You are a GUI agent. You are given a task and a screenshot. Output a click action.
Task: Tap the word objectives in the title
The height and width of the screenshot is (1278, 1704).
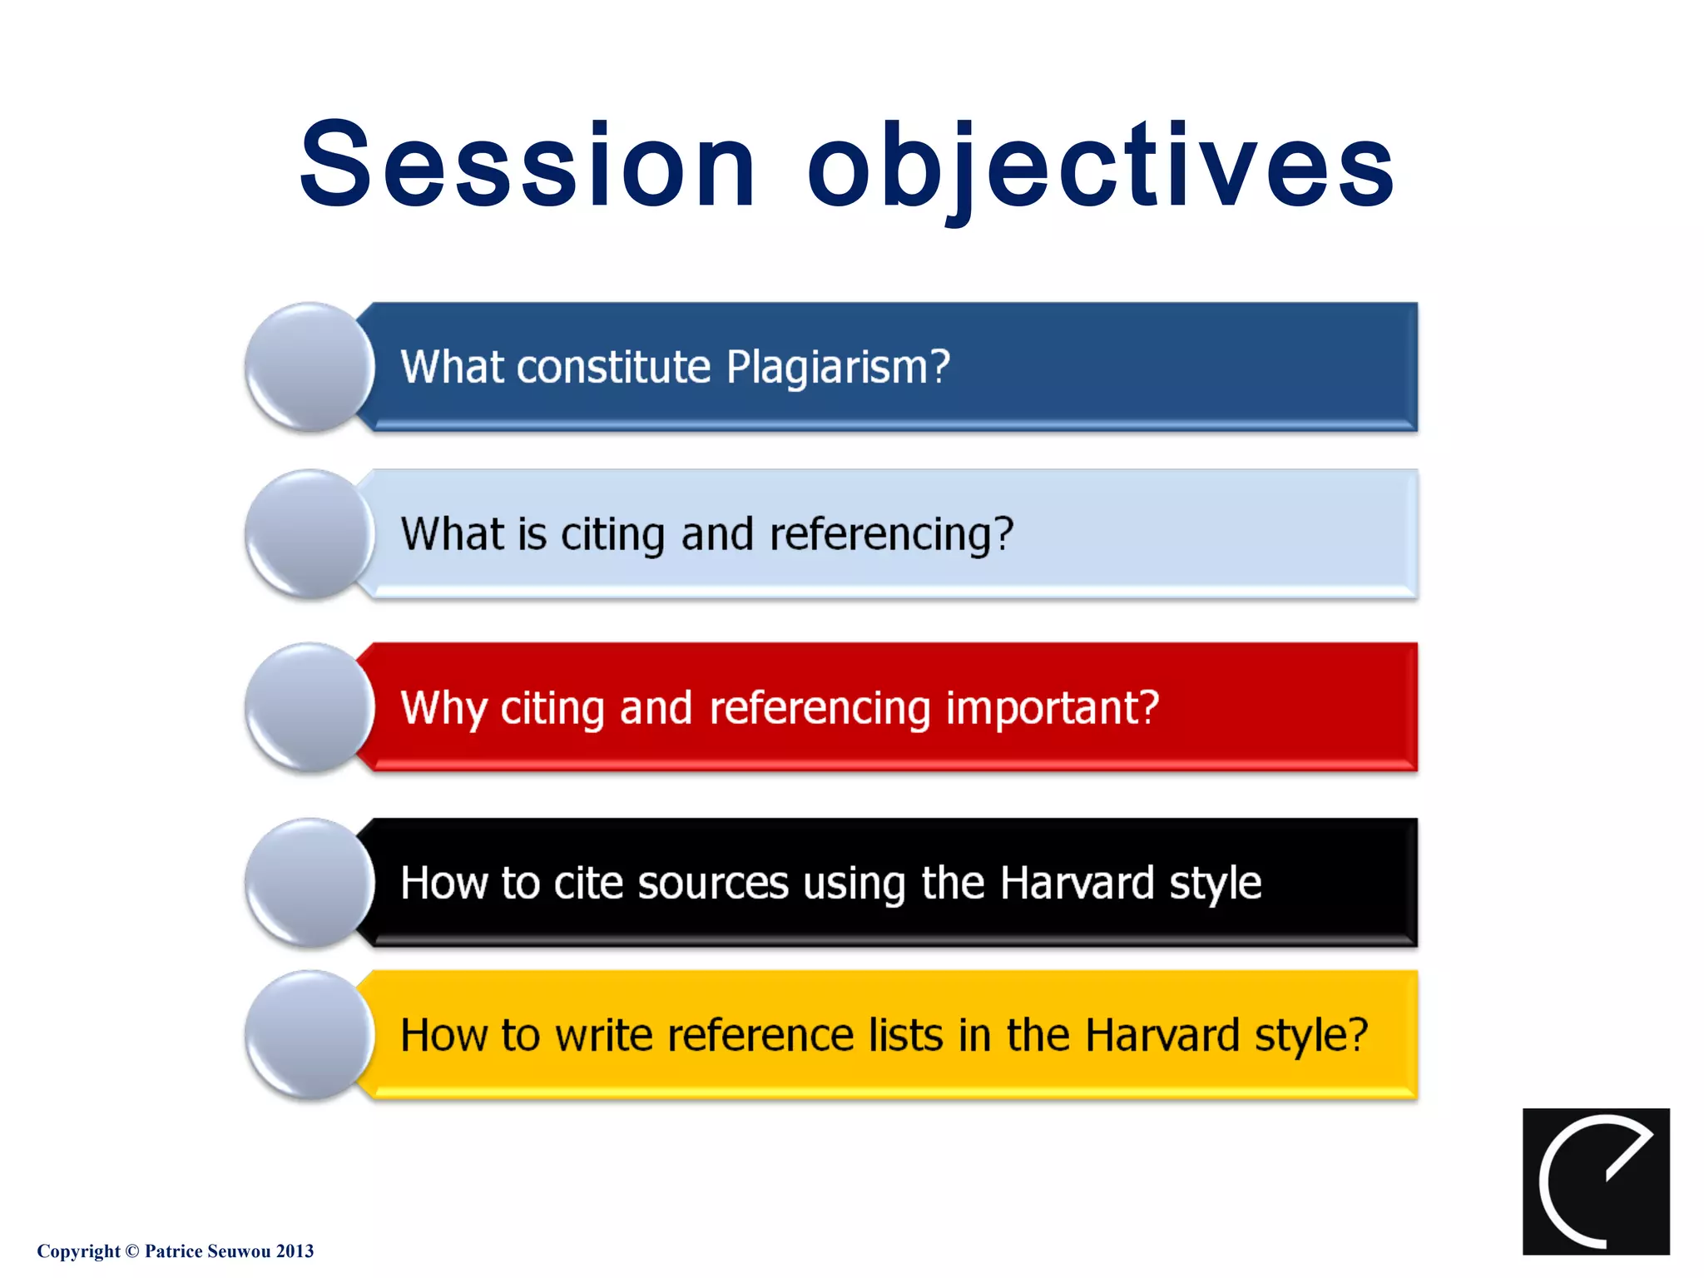point(1100,166)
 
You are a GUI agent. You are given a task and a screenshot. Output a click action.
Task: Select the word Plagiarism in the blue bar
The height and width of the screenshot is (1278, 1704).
point(836,367)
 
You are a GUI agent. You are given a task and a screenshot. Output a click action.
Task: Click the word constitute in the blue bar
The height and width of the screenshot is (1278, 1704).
point(613,367)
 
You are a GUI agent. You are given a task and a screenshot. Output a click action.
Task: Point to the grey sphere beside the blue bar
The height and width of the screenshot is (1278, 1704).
point(310,367)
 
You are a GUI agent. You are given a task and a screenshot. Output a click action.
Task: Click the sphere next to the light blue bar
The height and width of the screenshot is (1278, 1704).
point(310,534)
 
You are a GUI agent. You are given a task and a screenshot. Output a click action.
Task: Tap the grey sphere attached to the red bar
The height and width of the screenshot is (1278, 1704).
point(310,707)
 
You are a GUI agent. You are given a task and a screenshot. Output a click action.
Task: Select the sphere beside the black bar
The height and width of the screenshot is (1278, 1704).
point(310,883)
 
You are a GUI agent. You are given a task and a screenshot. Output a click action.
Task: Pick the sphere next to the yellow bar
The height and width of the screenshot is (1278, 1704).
point(310,1035)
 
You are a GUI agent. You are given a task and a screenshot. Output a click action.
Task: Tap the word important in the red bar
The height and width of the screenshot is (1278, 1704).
point(1052,709)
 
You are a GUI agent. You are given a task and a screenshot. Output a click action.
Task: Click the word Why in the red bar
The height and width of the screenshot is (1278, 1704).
point(443,709)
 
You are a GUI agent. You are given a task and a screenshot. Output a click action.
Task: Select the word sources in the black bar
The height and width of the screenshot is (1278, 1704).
point(712,884)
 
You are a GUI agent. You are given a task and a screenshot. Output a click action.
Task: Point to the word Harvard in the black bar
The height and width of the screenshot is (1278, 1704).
point(1077,884)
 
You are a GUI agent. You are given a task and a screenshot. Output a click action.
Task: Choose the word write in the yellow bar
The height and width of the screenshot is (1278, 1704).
point(603,1036)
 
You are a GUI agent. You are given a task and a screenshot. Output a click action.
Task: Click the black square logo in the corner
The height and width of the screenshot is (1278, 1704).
point(1595,1181)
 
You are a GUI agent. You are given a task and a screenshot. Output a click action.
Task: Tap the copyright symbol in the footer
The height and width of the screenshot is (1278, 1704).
point(131,1251)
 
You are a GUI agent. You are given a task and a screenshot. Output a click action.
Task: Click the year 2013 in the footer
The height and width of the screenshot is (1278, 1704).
point(295,1251)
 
